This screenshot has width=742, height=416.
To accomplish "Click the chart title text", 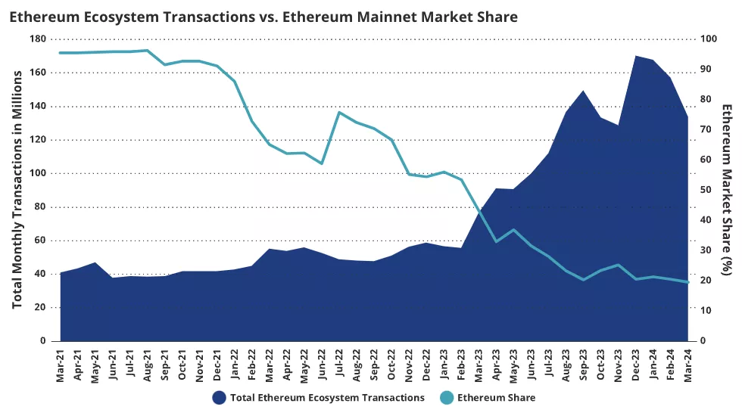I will (263, 17).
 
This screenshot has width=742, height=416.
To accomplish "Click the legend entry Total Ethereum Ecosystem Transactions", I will (318, 397).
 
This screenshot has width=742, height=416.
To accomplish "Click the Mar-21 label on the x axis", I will (61, 365).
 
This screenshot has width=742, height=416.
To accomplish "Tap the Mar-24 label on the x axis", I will (688, 365).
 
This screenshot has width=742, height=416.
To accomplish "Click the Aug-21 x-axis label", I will (148, 365).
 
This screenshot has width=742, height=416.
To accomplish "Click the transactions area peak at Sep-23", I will (583, 91).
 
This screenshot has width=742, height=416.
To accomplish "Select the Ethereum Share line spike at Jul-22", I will (339, 112).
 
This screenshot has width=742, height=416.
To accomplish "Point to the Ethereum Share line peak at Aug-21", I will (148, 51).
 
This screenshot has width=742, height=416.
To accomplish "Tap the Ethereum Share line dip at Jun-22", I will (322, 163).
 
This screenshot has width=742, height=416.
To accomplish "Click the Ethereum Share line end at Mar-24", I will (688, 282).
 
